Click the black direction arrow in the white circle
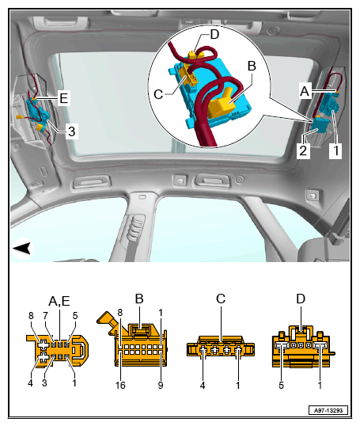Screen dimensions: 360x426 [22, 249]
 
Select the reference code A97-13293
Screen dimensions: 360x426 [328, 410]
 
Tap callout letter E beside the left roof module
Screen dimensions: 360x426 [63, 98]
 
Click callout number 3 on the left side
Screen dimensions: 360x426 [72, 131]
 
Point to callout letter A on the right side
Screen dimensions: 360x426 [305, 91]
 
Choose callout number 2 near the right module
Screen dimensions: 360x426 [303, 150]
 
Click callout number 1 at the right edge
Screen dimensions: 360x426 [335, 150]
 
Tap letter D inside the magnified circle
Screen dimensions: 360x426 [214, 34]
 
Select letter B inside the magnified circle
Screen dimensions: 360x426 [252, 66]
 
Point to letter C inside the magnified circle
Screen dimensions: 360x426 [158, 94]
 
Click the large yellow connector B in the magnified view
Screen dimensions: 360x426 [221, 105]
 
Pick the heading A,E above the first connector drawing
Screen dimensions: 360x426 [59, 301]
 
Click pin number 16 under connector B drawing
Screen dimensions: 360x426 [120, 385]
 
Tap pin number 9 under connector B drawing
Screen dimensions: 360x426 [161, 385]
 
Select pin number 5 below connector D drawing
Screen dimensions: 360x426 [281, 385]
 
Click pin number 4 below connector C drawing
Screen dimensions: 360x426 [203, 385]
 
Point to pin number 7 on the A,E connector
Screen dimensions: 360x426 [45, 315]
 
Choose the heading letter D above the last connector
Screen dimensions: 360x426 [301, 299]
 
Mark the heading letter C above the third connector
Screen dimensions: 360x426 [221, 299]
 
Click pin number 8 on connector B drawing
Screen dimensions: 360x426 [120, 313]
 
